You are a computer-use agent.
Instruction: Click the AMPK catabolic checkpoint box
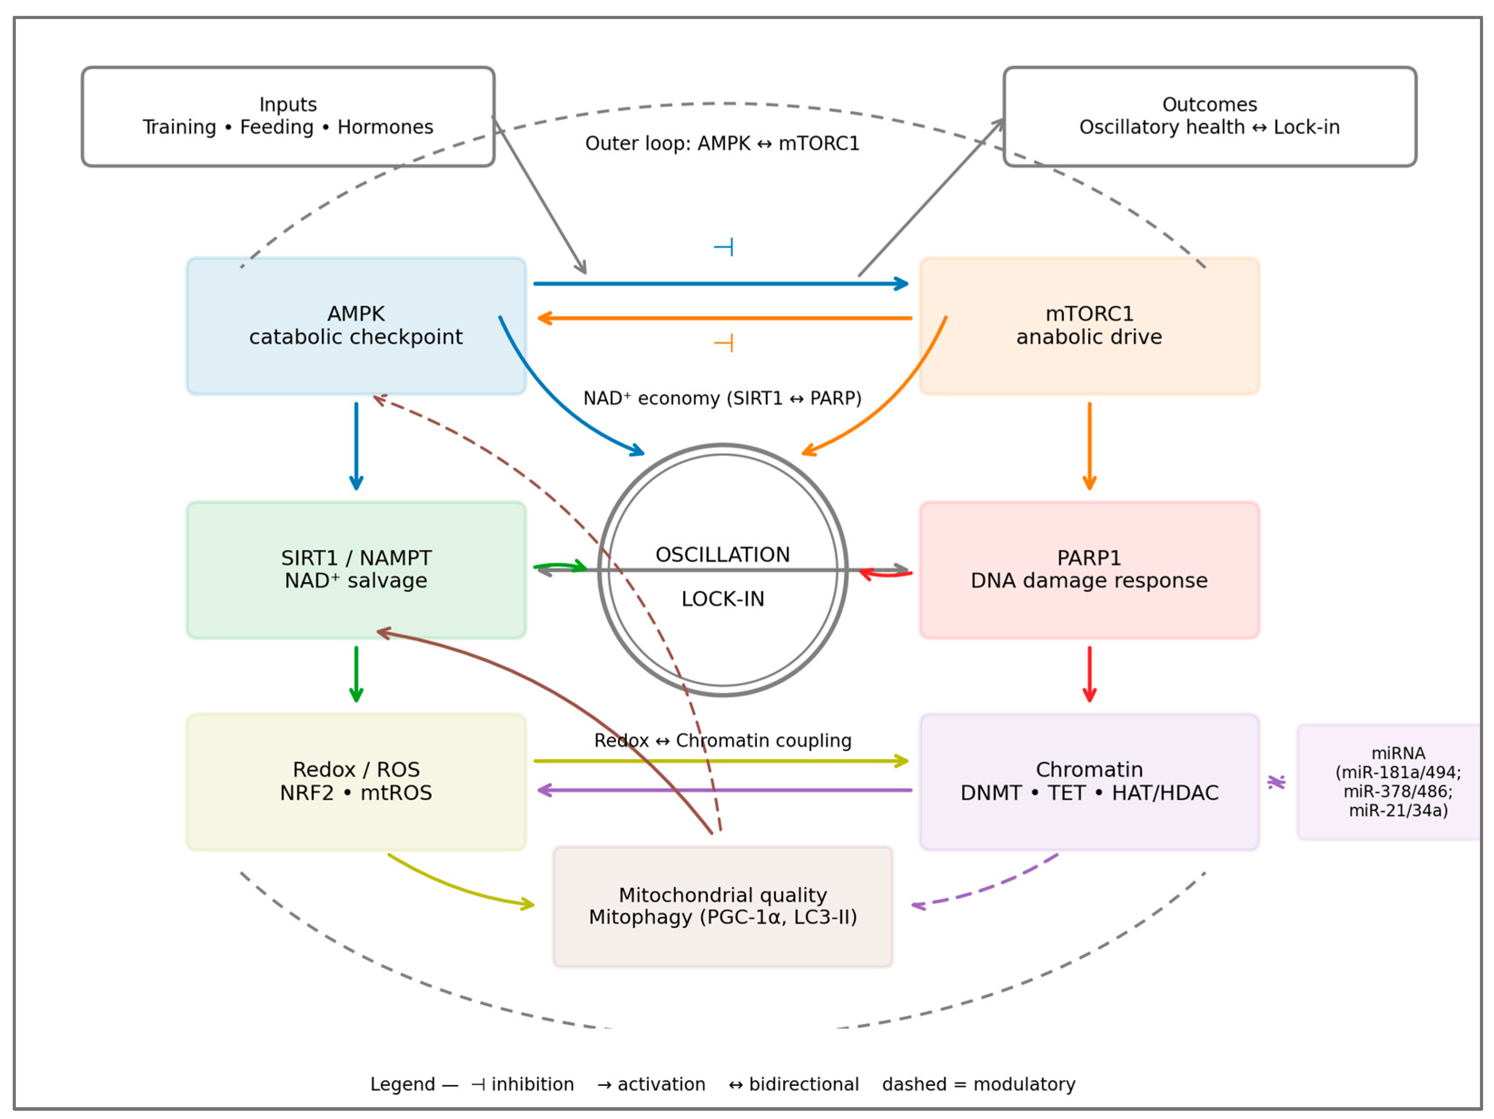pos(356,325)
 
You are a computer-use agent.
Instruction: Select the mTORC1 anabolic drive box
pos(1089,325)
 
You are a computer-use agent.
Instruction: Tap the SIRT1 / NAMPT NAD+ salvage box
pos(356,569)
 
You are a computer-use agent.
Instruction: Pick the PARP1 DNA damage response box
pos(1089,569)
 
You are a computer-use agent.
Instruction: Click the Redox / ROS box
pos(356,781)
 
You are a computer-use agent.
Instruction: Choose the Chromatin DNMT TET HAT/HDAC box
pos(1089,781)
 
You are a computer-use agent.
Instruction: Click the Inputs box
pos(288,116)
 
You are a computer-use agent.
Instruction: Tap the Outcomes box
pos(1209,116)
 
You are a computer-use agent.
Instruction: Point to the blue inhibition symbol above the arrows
pos(723,247)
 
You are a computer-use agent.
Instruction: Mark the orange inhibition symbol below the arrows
pos(723,343)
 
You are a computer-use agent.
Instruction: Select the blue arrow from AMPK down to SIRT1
pos(356,446)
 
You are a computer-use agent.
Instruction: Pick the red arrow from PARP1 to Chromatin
pos(1089,674)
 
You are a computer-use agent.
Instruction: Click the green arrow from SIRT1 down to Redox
pos(356,674)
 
